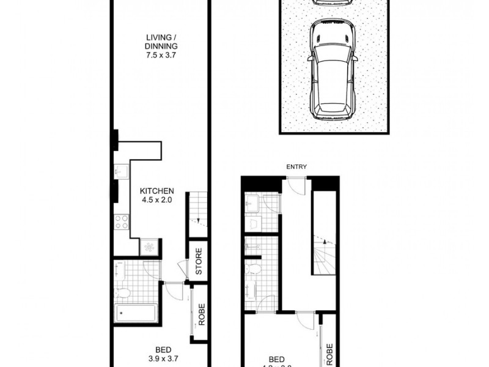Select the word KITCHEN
pos(157,191)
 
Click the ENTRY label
pos(296,167)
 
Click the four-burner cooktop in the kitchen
pos(121,221)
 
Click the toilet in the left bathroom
pos(122,292)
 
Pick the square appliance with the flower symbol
pos(149,247)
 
